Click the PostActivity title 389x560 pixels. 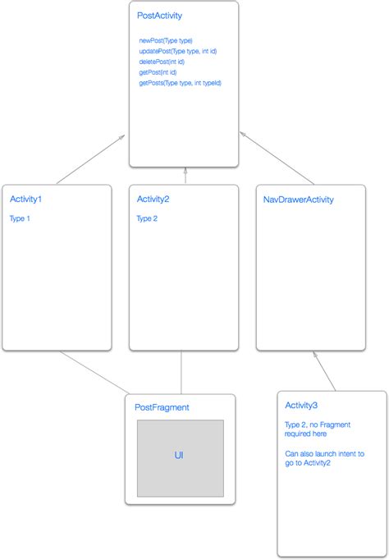[161, 16]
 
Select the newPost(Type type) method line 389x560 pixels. [165, 40]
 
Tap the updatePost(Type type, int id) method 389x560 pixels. [177, 51]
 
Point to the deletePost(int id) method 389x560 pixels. [162, 62]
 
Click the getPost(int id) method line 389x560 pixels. [158, 72]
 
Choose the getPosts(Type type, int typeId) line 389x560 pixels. [180, 83]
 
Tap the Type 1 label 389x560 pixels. [21, 218]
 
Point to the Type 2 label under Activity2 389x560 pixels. [148, 218]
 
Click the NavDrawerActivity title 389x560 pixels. [298, 200]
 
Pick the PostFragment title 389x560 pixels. [162, 406]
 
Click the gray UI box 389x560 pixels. [180, 458]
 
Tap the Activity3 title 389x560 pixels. [301, 405]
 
